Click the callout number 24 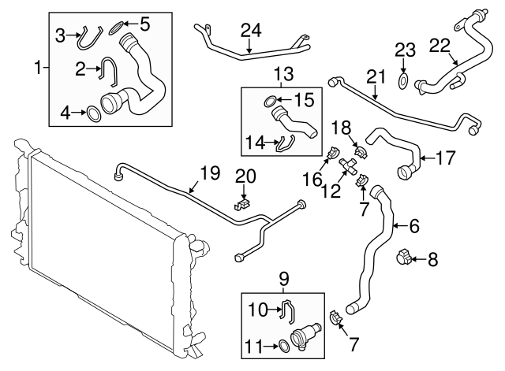click(x=250, y=31)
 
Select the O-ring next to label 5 click(x=114, y=27)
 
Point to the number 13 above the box click(x=282, y=75)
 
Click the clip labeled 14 click(x=285, y=142)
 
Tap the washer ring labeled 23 click(x=403, y=80)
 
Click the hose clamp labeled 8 click(x=406, y=256)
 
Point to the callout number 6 click(x=413, y=227)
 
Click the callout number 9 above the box click(x=282, y=277)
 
